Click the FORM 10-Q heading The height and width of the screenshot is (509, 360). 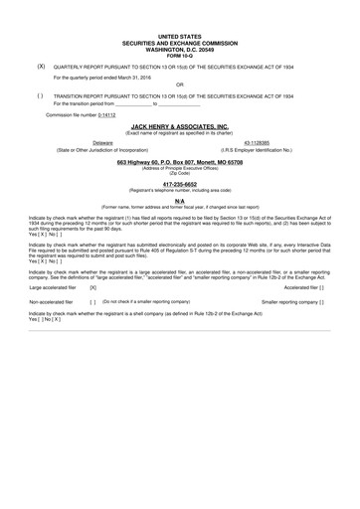pos(179,54)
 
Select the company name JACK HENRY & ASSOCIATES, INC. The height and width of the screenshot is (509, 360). pos(180,127)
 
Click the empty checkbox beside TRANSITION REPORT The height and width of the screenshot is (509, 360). pos(40,95)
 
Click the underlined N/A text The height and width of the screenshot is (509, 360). pos(180,200)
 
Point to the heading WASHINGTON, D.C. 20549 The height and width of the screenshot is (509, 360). pos(179,48)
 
